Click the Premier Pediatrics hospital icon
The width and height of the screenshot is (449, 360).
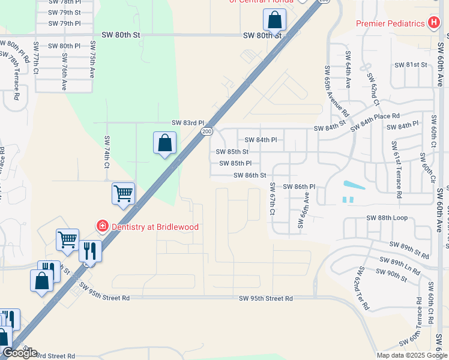point(434,23)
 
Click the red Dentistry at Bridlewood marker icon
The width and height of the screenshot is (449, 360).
point(103,226)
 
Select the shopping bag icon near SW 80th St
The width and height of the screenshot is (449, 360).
point(274,20)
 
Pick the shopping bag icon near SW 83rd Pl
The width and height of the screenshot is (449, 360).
point(164,143)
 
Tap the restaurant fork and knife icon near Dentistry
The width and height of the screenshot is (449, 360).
point(90,250)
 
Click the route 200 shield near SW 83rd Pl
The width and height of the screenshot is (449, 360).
point(206,131)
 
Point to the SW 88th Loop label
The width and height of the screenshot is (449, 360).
point(387,218)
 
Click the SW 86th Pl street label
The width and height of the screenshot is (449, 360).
point(299,187)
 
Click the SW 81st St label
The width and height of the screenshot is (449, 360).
point(411,65)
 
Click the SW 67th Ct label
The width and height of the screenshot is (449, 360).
point(272,199)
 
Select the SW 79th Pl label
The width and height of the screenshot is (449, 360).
point(64,23)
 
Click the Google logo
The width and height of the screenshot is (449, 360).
point(20,353)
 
